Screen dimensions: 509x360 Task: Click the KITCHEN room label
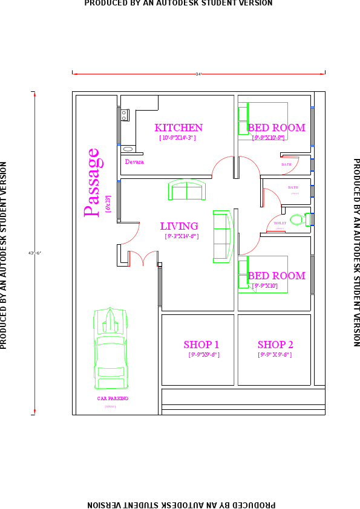click(x=178, y=128)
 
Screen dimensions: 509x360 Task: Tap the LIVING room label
click(x=179, y=226)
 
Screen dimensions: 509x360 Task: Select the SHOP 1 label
click(x=201, y=345)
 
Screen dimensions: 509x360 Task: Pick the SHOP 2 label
click(x=275, y=345)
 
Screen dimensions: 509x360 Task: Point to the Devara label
click(x=134, y=162)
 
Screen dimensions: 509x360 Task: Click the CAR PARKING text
click(x=113, y=398)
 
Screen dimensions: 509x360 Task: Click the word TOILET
click(x=280, y=223)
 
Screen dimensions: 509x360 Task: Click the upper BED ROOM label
click(x=277, y=128)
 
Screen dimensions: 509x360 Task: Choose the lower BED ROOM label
click(x=277, y=276)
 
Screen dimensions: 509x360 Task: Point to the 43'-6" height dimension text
click(x=34, y=252)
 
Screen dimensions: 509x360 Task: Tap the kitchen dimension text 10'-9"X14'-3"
click(x=177, y=138)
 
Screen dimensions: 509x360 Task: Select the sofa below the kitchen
click(x=186, y=190)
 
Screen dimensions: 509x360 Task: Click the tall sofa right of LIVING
click(x=222, y=236)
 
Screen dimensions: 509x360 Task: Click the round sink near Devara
click(x=128, y=149)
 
